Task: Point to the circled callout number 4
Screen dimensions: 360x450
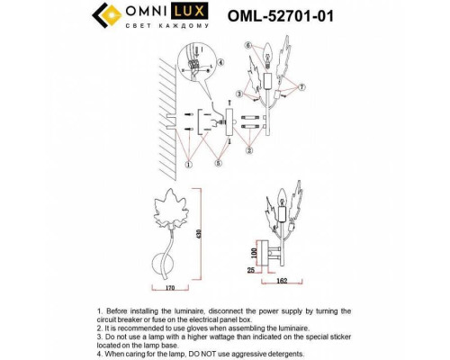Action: pos(220,63)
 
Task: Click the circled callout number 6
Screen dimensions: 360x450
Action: pos(248,45)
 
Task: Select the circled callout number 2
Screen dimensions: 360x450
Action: pos(249,149)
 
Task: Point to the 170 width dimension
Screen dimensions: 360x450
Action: pos(163,291)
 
